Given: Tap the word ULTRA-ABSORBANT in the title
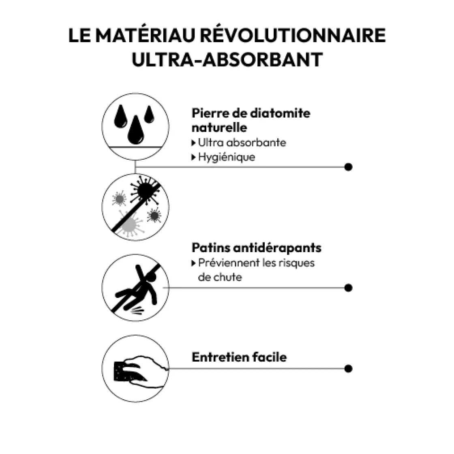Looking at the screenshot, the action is tap(227, 60).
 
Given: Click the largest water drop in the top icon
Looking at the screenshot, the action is tap(135, 130).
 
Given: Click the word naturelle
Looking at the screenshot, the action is tap(219, 128).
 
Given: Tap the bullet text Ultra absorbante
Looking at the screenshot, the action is tap(242, 142).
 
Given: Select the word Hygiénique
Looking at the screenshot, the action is tap(227, 157).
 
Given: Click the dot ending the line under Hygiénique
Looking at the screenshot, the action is tap(348, 167).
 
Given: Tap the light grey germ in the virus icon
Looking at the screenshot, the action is tap(129, 224).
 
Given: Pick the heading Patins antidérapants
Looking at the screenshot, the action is tap(257, 248).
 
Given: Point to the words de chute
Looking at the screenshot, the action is tap(220, 277).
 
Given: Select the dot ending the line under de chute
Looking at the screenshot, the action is tap(348, 288).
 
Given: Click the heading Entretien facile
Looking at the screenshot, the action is tap(239, 357).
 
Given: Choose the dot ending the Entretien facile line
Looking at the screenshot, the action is tap(348, 368).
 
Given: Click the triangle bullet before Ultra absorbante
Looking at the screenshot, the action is tap(193, 143).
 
